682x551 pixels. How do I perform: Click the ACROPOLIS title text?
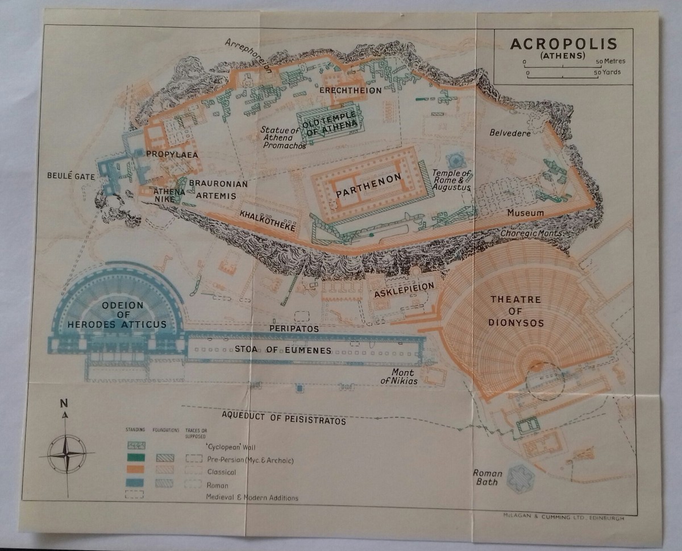[x=563, y=44]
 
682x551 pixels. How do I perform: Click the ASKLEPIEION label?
[x=404, y=286]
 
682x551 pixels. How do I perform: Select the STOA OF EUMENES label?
[x=282, y=350]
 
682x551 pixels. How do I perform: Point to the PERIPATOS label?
[x=294, y=329]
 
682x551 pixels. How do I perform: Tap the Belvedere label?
[x=510, y=133]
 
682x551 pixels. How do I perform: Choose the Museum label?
[x=525, y=213]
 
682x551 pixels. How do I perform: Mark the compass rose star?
[x=66, y=454]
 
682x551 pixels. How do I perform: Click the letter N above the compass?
[x=64, y=404]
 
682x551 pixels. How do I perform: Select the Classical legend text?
[x=221, y=472]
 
